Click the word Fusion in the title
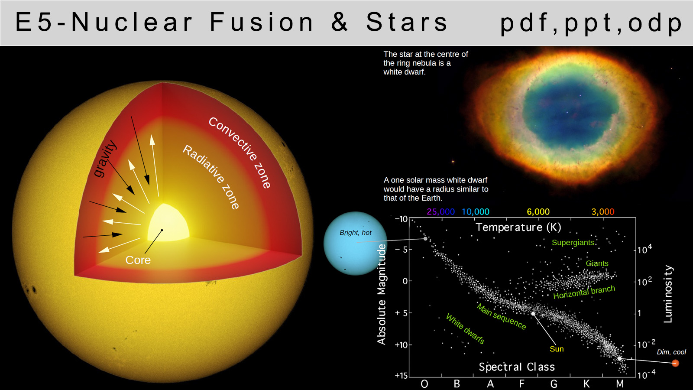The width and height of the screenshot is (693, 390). point(262,22)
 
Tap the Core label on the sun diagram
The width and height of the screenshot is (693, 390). point(138,260)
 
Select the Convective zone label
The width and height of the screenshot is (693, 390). point(240,153)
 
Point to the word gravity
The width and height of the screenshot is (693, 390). point(105,159)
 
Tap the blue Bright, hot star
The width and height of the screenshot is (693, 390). point(355,243)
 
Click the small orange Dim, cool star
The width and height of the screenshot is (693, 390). point(675,363)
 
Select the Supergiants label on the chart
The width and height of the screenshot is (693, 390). point(573,243)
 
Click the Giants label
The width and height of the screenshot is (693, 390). point(597,263)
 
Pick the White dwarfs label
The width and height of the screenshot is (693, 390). point(465,328)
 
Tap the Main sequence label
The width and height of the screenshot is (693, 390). point(501,316)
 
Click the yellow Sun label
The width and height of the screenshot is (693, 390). point(557,349)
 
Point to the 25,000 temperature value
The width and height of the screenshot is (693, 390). point(441,212)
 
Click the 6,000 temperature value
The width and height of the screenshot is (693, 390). point(538,212)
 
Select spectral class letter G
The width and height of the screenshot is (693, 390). point(554,384)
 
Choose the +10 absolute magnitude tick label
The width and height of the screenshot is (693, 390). point(401,345)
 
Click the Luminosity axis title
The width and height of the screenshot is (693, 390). point(668,294)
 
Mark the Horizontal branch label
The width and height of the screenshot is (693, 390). point(584,292)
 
